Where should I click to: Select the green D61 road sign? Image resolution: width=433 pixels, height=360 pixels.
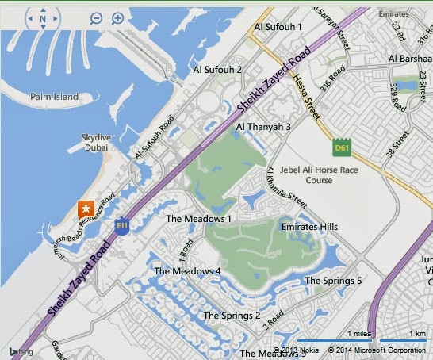[x=341, y=148]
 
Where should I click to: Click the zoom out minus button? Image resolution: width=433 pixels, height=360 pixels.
[x=96, y=18]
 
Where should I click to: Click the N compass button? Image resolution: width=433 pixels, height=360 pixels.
[x=43, y=19]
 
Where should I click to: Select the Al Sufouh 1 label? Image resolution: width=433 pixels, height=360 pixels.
[x=278, y=27]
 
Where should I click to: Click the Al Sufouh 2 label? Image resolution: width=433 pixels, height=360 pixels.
[x=217, y=70]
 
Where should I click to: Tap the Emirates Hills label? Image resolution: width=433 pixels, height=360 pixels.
[x=309, y=227]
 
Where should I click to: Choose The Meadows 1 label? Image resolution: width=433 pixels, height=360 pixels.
[x=198, y=218]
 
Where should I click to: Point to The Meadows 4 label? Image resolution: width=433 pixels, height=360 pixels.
[x=187, y=271]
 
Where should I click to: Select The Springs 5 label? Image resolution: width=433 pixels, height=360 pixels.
[x=333, y=281]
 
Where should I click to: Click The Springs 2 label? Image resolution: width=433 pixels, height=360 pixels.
[x=232, y=316]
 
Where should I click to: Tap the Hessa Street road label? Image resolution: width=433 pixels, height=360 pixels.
[x=309, y=98]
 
